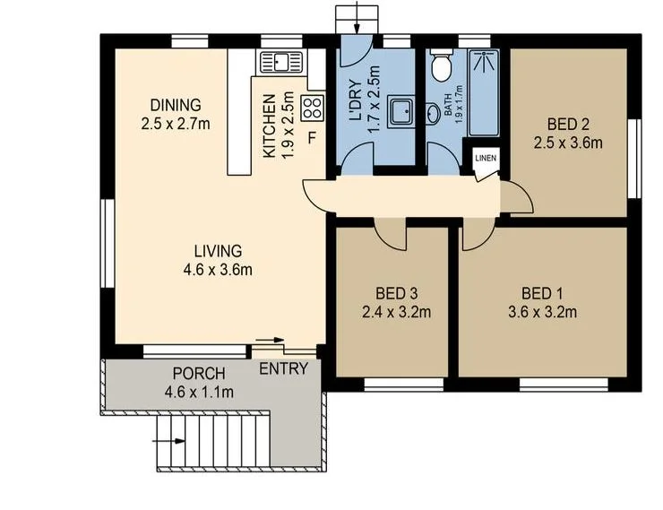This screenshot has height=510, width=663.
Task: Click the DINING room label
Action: pyautogui.click(x=176, y=104)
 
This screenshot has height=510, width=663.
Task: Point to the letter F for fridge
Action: pyautogui.click(x=312, y=138)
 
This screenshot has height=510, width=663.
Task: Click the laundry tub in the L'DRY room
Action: pyautogui.click(x=400, y=112)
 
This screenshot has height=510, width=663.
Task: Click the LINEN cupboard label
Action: pyautogui.click(x=485, y=159)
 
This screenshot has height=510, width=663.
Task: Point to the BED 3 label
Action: pyautogui.click(x=398, y=293)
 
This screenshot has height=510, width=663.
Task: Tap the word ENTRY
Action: pyautogui.click(x=283, y=369)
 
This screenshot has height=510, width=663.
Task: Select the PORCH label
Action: pyautogui.click(x=198, y=374)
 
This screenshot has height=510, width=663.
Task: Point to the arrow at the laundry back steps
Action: pyautogui.click(x=357, y=16)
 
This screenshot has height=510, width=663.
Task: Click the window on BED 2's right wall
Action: pyautogui.click(x=638, y=158)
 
